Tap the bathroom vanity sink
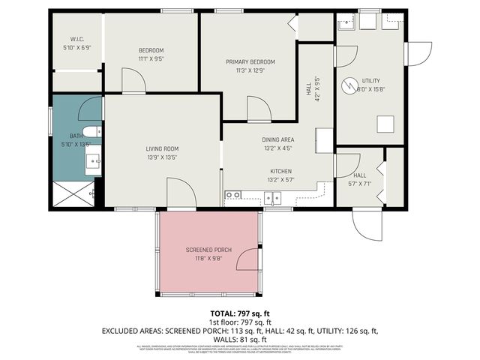(91, 160)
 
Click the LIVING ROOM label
(162, 148)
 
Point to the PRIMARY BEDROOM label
(250, 61)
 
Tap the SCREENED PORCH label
(208, 249)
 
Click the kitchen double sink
(272, 198)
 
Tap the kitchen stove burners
(233, 196)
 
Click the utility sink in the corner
(347, 23)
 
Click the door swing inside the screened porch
(247, 259)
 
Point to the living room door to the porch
(180, 193)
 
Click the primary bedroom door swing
(260, 110)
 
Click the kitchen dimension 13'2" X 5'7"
(280, 180)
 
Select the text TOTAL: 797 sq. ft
(240, 313)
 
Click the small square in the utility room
(386, 124)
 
